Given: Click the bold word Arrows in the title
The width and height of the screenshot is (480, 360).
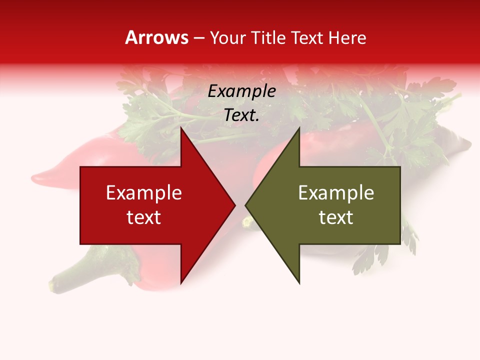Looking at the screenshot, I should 157,37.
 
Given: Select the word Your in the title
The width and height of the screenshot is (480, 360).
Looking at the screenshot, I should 228,37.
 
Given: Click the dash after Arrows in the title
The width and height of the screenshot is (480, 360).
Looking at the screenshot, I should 199,38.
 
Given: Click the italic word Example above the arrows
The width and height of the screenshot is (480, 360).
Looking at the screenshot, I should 241,91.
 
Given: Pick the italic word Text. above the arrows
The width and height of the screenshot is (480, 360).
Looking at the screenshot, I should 241,115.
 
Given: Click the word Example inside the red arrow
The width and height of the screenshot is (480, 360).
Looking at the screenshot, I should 144,193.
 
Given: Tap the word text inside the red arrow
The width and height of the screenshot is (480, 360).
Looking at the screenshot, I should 144,217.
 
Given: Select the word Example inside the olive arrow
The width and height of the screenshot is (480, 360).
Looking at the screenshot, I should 336,193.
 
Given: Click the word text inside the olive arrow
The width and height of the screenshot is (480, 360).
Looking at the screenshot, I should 336,217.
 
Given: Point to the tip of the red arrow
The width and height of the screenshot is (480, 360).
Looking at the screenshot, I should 234,205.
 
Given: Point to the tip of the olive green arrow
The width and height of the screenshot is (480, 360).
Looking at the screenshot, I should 246,205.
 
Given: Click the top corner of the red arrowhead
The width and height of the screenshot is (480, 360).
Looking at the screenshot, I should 181,128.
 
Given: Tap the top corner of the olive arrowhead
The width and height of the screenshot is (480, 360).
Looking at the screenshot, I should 299,128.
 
